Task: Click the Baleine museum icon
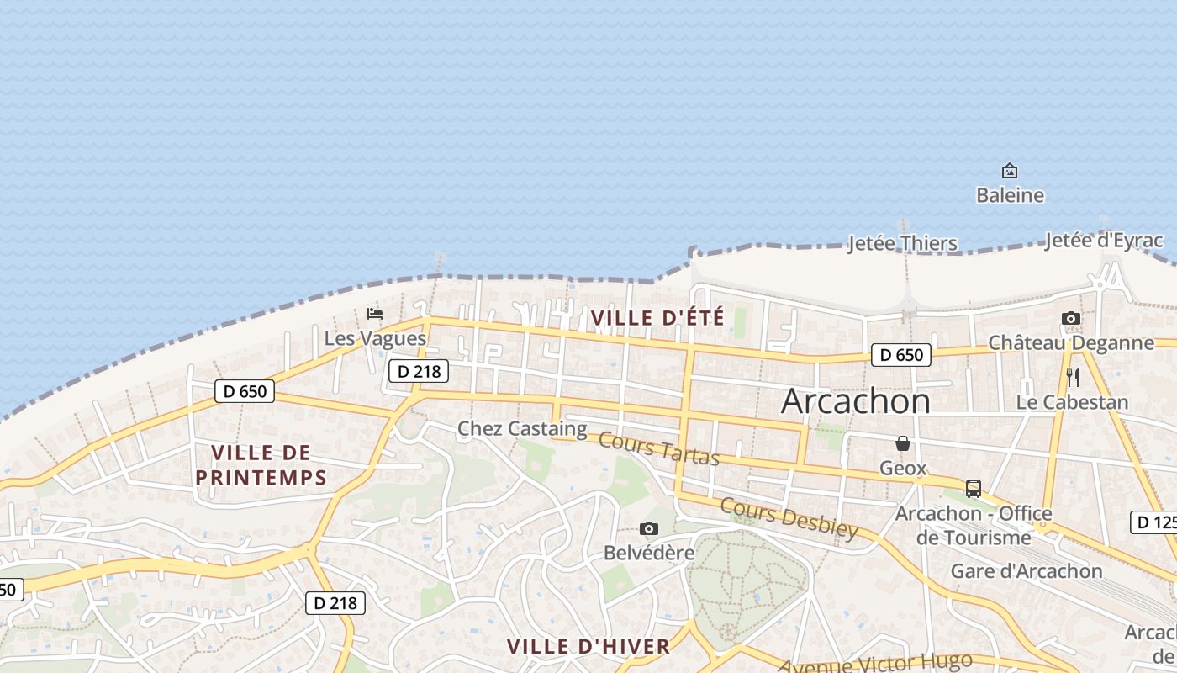point(1010,171)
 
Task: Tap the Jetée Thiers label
point(902,243)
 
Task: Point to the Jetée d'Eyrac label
point(1103,241)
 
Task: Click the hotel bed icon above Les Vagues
point(375,314)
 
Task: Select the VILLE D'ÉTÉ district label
point(657,318)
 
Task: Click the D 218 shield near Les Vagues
point(419,370)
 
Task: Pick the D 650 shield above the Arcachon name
point(901,355)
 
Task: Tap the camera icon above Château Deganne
point(1070,318)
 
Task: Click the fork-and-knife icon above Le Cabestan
point(1072,377)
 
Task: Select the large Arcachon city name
point(856,401)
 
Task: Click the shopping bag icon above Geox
point(903,443)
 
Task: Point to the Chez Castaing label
point(521,429)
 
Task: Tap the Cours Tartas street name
point(659,448)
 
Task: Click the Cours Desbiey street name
point(789,517)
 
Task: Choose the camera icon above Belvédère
point(648,528)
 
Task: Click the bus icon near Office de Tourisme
point(973,488)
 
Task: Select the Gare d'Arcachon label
point(1027,570)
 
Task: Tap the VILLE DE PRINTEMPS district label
point(261,465)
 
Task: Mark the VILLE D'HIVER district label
point(588,646)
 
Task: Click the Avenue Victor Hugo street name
point(874,662)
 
